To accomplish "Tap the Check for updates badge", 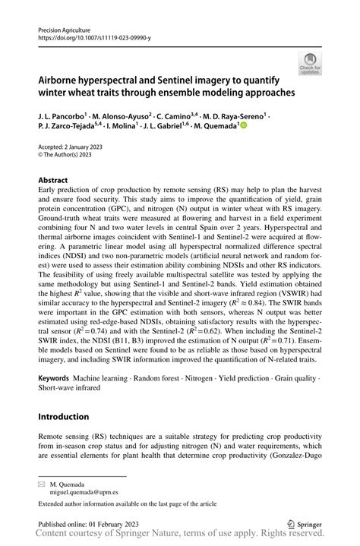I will tap(310, 65).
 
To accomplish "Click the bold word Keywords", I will tap(54, 376).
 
